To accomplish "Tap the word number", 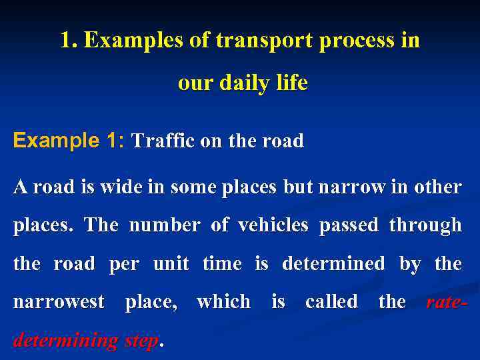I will [164, 225].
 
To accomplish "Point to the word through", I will [425, 225].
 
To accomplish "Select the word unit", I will [171, 263].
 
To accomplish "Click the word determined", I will [333, 263].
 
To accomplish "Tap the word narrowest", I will [59, 302].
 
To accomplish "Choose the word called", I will [331, 302].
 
